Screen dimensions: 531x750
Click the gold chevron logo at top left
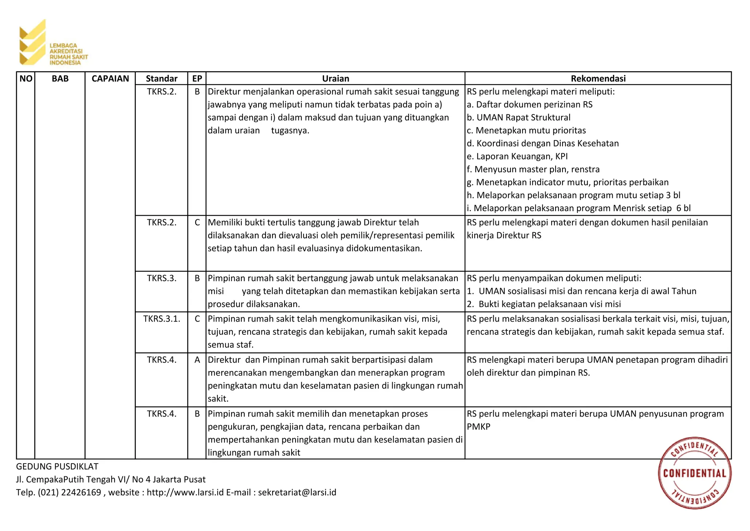pos(32,42)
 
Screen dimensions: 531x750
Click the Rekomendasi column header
pos(598,78)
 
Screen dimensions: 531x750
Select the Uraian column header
pos(335,78)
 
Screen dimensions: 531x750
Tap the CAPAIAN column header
pos(110,78)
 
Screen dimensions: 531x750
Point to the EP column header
pos(197,78)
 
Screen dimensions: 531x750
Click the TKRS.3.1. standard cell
pos(161,319)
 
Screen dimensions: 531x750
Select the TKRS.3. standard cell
pos(161,278)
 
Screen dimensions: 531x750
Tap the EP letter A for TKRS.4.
pos(197,360)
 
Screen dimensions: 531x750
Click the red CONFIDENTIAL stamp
pos(694,473)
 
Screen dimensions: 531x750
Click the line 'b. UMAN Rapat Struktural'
pos(518,117)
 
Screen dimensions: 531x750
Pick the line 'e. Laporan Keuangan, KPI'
pos(517,156)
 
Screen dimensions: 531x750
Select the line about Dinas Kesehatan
pos(542,143)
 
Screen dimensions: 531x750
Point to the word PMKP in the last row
pos(478,426)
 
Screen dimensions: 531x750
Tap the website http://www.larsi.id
pos(185,492)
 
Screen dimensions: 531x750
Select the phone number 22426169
pos(81,492)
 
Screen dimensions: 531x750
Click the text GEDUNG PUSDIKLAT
pos(57,466)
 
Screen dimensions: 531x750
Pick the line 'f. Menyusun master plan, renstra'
pos(533,169)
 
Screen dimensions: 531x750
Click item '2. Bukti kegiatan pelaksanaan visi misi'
pos(543,304)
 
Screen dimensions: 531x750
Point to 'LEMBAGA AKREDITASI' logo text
pos(66,48)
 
